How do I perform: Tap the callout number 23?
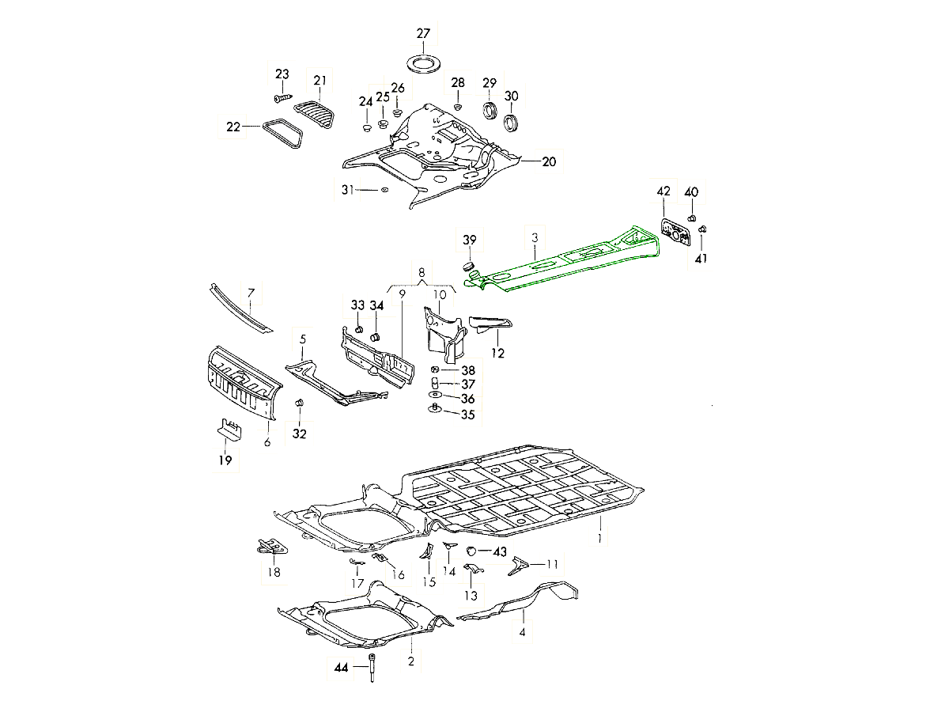(282, 74)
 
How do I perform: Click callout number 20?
(549, 161)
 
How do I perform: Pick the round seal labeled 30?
(512, 123)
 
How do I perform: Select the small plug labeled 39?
(468, 263)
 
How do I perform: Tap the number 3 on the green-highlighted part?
(535, 237)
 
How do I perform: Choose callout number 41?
(702, 258)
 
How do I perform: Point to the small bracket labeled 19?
(228, 430)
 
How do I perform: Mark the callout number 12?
(498, 354)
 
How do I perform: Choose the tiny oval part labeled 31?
(384, 190)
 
